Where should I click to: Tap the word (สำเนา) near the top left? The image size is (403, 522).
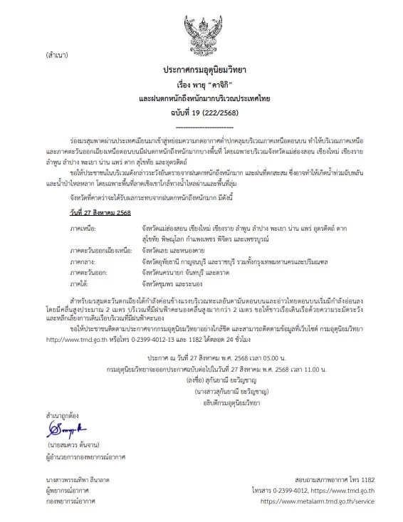[x=56, y=55]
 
